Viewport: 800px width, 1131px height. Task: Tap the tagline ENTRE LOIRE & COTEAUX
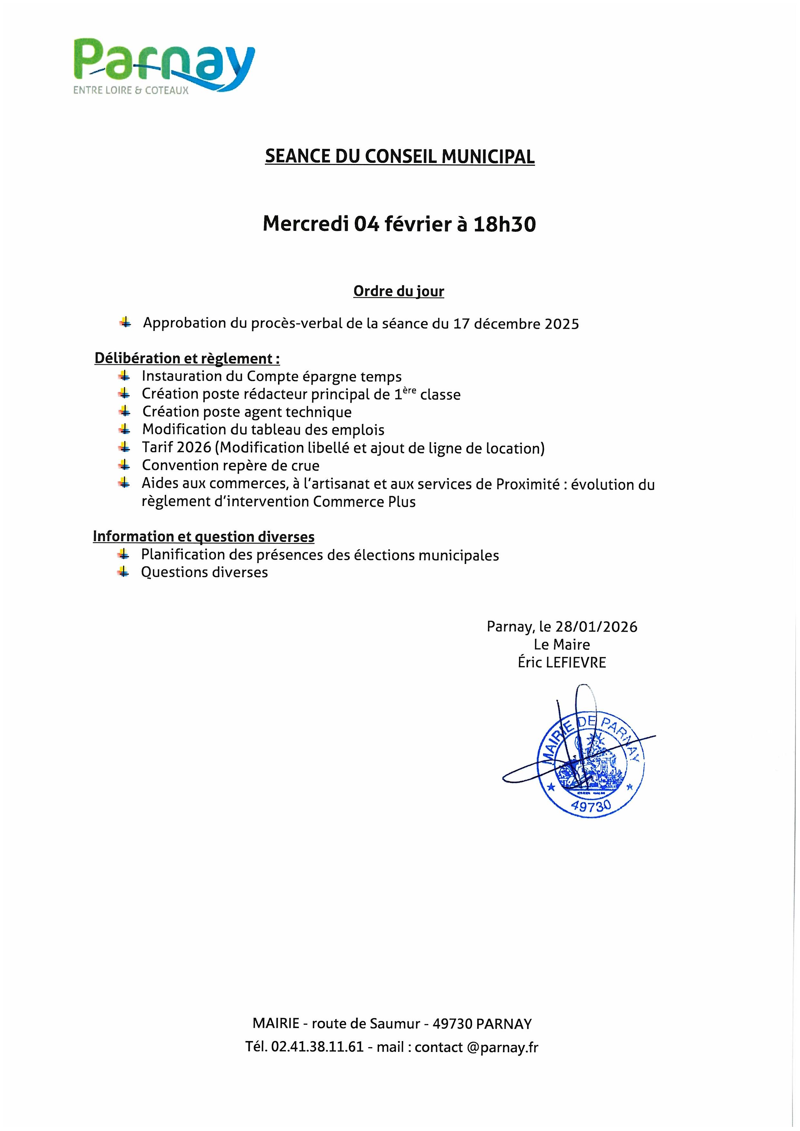[x=131, y=91]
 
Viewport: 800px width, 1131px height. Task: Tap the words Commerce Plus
[x=364, y=502]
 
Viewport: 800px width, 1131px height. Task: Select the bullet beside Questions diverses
[x=123, y=572]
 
